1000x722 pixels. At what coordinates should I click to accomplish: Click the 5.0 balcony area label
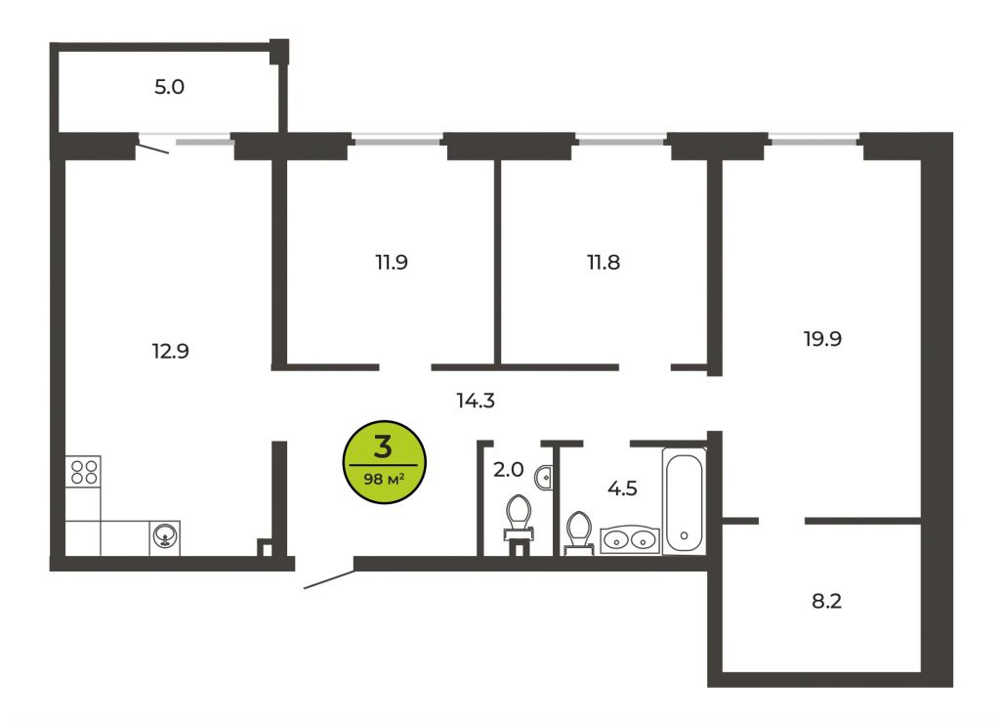click(x=169, y=87)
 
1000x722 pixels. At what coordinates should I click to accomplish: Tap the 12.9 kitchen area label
click(x=170, y=351)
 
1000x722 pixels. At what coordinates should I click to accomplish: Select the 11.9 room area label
click(x=391, y=262)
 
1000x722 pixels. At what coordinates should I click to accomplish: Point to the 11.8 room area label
click(x=604, y=262)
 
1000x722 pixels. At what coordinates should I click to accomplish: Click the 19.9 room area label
click(x=822, y=339)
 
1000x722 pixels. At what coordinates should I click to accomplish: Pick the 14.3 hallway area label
click(x=476, y=401)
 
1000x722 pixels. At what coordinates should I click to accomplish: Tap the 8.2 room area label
click(x=826, y=601)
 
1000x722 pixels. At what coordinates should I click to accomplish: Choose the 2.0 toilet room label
click(x=508, y=470)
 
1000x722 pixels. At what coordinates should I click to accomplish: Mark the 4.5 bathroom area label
click(x=622, y=488)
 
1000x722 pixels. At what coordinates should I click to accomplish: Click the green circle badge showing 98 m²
click(x=384, y=462)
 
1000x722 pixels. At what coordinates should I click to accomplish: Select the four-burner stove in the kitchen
click(x=84, y=472)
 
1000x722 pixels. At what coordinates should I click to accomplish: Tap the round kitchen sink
click(x=165, y=537)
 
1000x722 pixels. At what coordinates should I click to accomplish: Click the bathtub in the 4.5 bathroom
click(x=684, y=500)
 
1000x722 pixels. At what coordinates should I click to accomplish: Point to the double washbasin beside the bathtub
click(x=630, y=540)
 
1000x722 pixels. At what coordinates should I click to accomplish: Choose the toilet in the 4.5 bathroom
click(x=579, y=533)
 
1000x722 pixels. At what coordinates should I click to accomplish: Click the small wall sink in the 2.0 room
click(x=544, y=477)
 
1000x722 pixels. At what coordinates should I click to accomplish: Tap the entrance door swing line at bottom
click(x=329, y=579)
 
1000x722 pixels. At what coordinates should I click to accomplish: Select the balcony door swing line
click(x=153, y=148)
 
